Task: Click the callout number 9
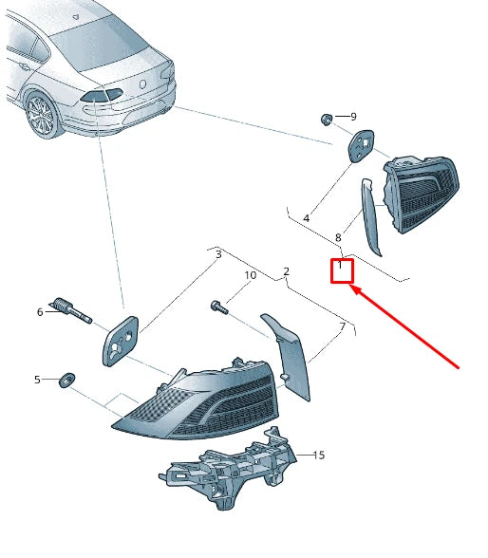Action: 353,117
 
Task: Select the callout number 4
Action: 306,218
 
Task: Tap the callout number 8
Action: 338,237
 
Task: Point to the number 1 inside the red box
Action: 340,265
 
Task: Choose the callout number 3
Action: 218,254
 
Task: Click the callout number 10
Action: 251,275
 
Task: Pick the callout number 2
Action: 287,271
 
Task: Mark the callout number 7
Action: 343,326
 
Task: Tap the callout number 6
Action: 40,312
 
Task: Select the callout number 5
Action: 37,380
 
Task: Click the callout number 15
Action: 319,455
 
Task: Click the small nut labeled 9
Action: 326,120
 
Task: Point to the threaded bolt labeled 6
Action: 72,310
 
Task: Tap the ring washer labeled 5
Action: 66,380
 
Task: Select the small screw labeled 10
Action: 219,307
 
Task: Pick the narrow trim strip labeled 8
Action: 370,217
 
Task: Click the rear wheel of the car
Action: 41,115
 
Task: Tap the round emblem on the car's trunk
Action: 142,84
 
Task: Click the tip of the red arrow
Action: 350,286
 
